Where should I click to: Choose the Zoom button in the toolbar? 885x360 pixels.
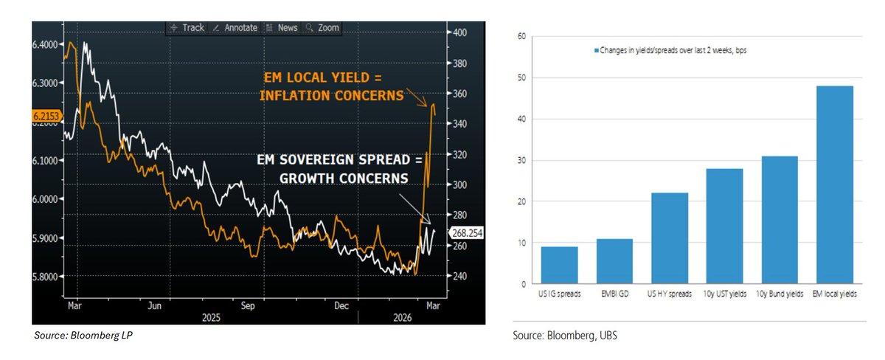click(x=324, y=27)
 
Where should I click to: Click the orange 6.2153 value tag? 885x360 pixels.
click(x=47, y=116)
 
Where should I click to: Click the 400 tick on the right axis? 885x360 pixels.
click(x=460, y=32)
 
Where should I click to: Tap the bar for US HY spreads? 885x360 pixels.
click(x=669, y=238)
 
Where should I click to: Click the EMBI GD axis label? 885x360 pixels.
click(x=614, y=294)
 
